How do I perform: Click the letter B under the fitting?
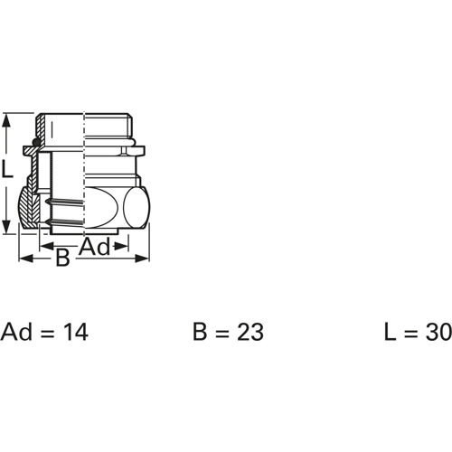[x=62, y=258]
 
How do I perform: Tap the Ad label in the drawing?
[x=95, y=247]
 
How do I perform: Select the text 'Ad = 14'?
[x=44, y=332]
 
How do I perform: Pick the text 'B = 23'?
[x=228, y=332]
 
